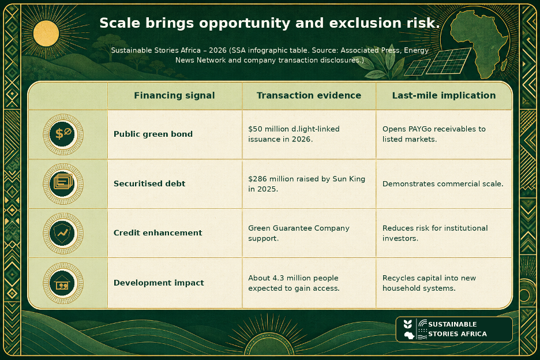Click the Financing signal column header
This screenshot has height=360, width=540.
pos(174,95)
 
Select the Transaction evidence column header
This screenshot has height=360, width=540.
pos(309,95)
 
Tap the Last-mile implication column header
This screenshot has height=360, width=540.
pos(444,95)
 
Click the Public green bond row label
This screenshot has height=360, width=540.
pos(153,134)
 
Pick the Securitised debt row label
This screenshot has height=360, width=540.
pos(149,183)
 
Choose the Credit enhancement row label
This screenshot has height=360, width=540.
pos(157,233)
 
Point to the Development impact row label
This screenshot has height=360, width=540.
pos(159,283)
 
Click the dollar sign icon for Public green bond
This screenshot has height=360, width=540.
pos(63,134)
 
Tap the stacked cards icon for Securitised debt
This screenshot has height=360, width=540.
pos(63,183)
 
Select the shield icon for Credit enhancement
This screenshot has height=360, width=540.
pos(63,233)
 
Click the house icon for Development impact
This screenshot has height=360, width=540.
pos(63,283)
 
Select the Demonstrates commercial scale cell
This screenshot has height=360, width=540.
pos(443,183)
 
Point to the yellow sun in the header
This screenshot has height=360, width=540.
pos(46,33)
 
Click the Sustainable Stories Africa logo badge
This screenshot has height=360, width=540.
pos(454,329)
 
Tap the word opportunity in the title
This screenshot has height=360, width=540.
pos(245,24)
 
